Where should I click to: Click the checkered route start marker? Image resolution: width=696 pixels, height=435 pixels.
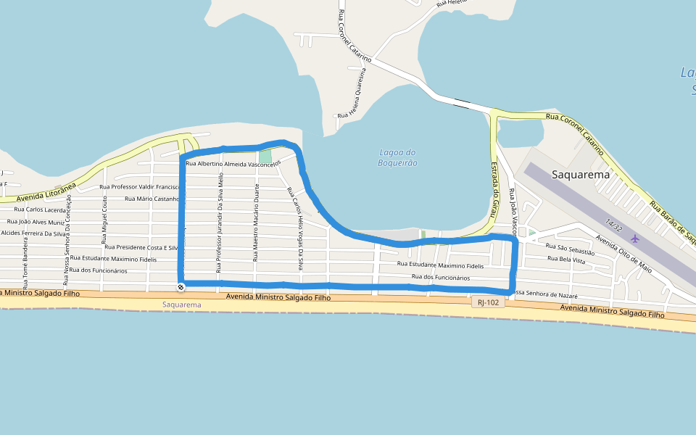click(181, 288)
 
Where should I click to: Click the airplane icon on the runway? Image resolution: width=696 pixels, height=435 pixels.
click(636, 238)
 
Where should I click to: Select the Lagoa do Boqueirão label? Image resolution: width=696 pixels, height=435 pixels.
click(398, 157)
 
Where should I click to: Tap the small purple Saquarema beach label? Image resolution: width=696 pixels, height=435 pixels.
click(182, 304)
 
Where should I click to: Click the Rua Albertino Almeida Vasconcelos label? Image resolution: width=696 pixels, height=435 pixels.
click(233, 164)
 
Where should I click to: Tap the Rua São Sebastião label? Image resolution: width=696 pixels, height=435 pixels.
click(571, 249)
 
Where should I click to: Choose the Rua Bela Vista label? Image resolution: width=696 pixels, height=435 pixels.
click(565, 260)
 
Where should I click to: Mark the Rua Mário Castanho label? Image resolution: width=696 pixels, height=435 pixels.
click(152, 198)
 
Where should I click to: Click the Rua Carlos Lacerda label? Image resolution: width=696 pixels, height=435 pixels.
click(40, 210)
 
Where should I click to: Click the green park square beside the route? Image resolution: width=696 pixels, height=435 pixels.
click(265, 157)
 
